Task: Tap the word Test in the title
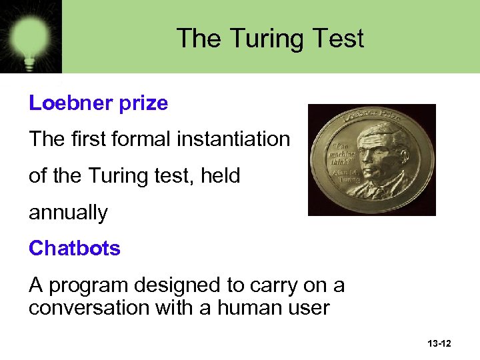point(340,38)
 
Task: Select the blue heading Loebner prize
point(98,103)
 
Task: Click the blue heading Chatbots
point(75,248)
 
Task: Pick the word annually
point(68,213)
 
